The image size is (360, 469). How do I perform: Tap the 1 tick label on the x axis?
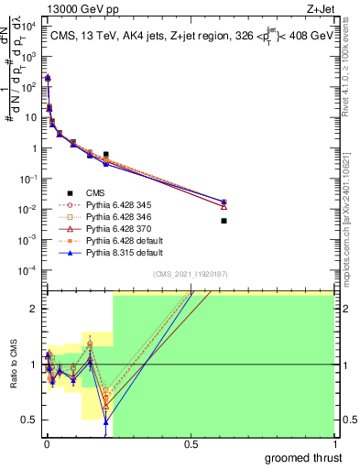(333, 444)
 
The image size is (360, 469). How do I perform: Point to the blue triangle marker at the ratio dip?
(106, 422)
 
